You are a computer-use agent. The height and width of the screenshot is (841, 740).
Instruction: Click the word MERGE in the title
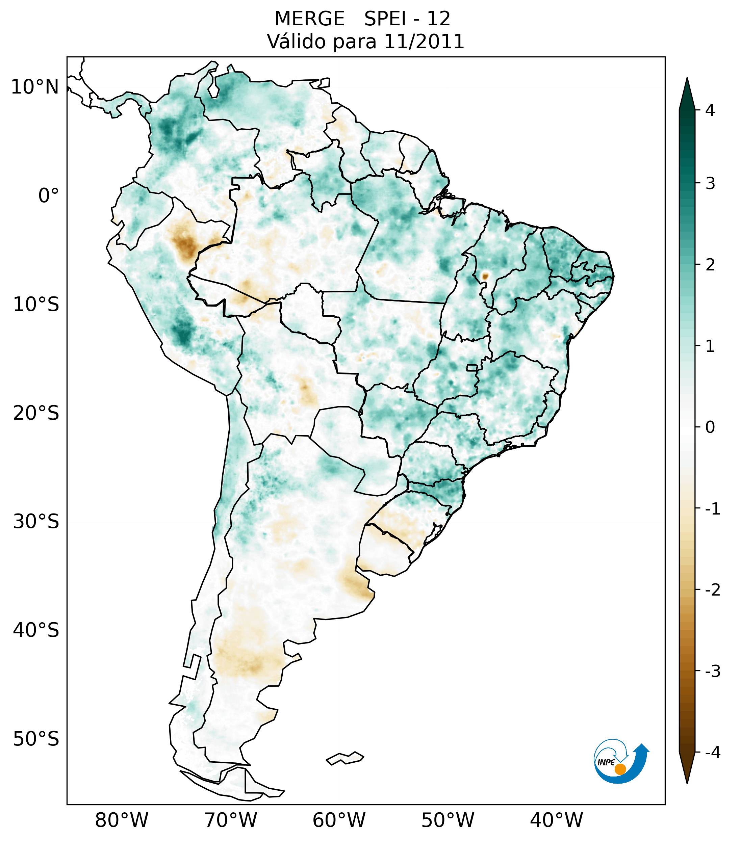pyautogui.click(x=309, y=19)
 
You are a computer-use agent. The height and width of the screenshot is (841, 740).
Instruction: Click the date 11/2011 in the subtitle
pyautogui.click(x=424, y=42)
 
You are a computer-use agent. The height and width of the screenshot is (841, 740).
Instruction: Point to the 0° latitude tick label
pyautogui.click(x=49, y=196)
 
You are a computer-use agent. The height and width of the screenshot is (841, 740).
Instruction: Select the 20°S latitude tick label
pyautogui.click(x=36, y=413)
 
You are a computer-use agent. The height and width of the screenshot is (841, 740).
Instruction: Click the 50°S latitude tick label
pyautogui.click(x=36, y=739)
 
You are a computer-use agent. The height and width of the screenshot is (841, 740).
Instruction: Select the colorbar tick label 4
pyautogui.click(x=710, y=110)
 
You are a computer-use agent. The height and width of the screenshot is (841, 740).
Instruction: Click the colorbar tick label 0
pyautogui.click(x=710, y=427)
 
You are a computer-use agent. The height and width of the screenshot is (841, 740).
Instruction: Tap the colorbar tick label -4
pyautogui.click(x=712, y=753)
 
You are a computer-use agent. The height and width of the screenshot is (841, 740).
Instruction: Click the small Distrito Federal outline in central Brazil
pyautogui.click(x=472, y=367)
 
